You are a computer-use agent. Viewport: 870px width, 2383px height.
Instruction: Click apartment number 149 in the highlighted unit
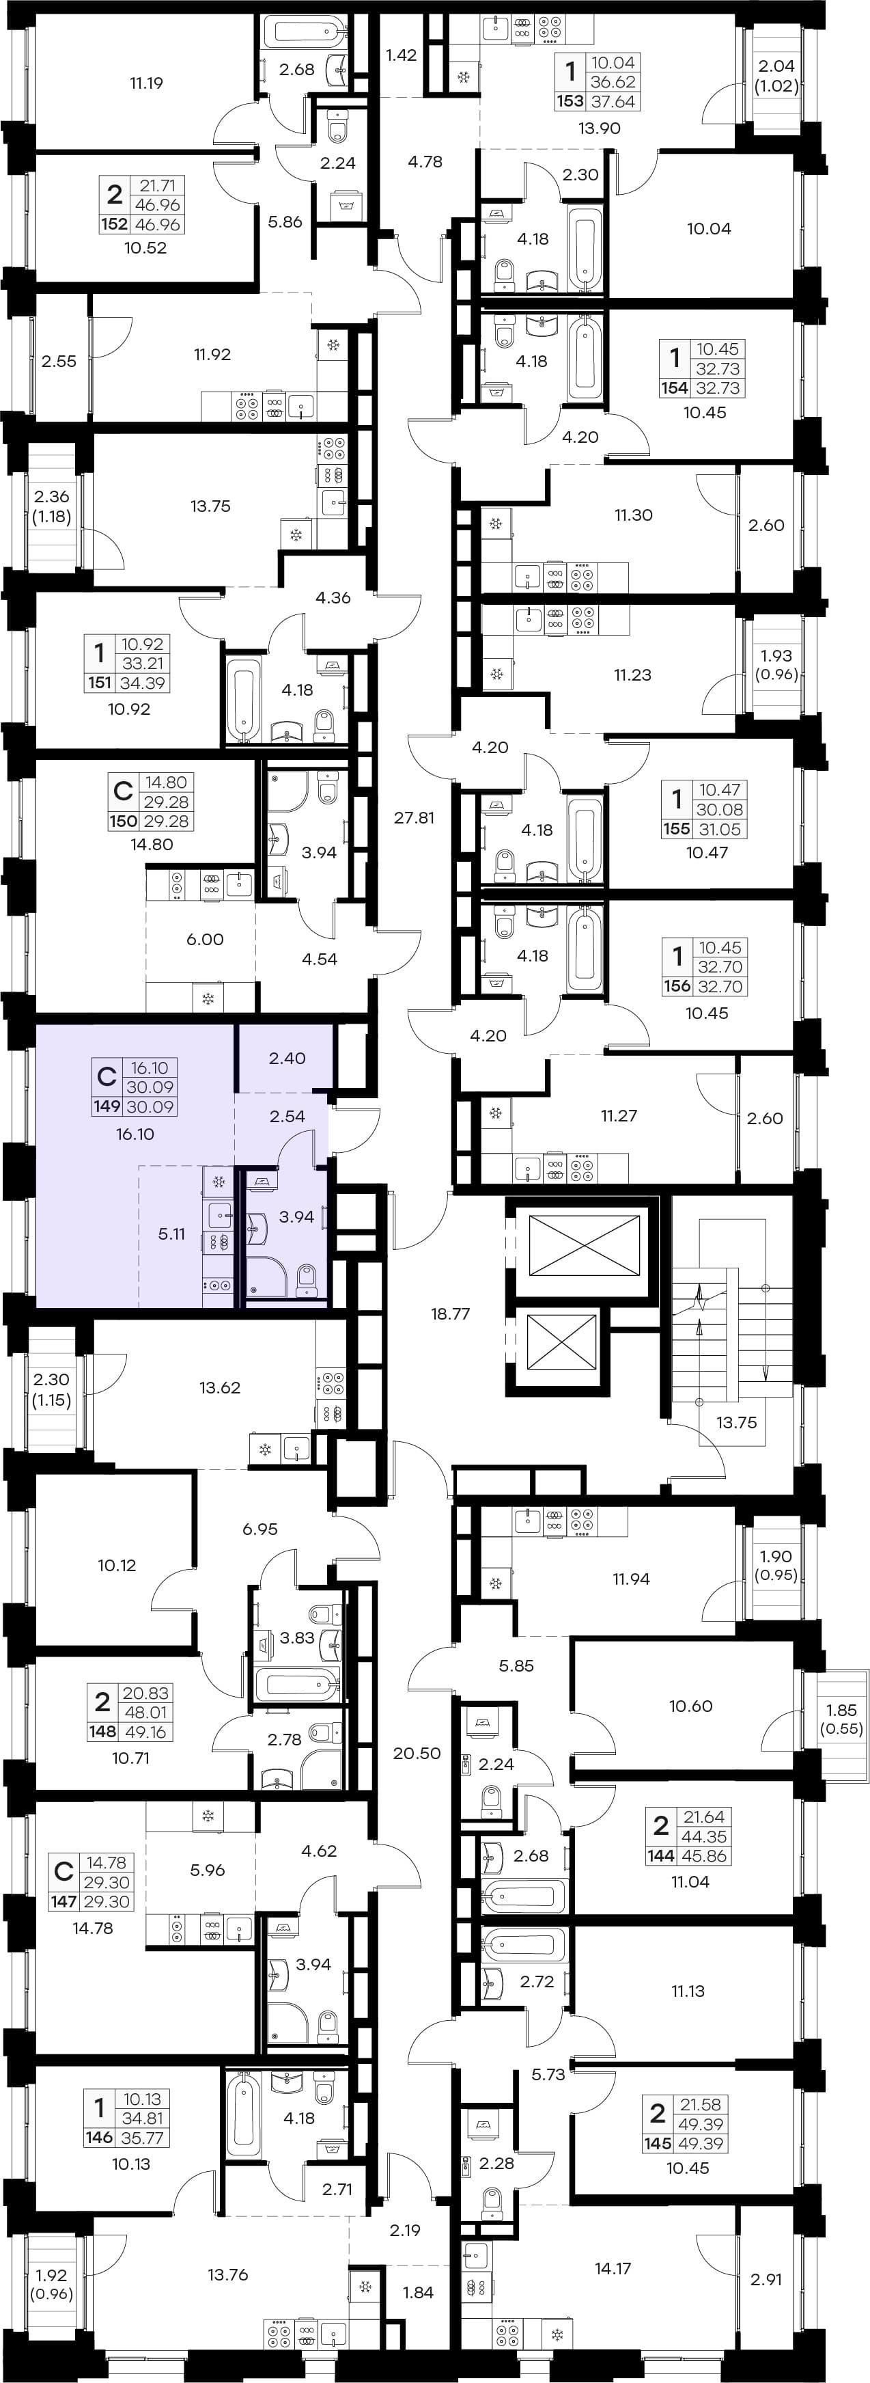(x=107, y=1106)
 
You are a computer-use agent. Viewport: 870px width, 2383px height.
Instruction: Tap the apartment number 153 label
(x=570, y=102)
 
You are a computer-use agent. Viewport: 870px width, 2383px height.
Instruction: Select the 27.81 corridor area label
(x=415, y=818)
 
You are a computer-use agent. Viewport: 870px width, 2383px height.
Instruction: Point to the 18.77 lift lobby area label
(x=450, y=1313)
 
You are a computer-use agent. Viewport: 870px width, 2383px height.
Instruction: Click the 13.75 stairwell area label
(x=736, y=1423)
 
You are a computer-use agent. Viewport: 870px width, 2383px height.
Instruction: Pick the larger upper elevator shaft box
(x=585, y=1247)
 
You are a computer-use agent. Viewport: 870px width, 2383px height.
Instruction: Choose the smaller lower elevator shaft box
(x=562, y=1342)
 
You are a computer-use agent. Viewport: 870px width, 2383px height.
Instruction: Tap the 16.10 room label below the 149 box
(x=135, y=1134)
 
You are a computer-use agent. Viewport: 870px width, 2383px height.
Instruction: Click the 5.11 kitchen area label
(x=172, y=1234)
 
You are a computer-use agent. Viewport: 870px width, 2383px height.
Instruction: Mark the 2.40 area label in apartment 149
(x=287, y=1059)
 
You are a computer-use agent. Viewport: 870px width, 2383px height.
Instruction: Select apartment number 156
(x=677, y=986)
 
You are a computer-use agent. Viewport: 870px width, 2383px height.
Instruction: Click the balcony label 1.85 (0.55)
(x=841, y=1719)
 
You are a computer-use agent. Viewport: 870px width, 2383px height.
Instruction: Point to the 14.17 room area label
(x=613, y=2268)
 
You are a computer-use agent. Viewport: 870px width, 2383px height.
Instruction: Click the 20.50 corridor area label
(x=417, y=1753)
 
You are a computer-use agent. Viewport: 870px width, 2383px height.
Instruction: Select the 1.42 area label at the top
(x=402, y=55)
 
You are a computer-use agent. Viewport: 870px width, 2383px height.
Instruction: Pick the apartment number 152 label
(x=114, y=224)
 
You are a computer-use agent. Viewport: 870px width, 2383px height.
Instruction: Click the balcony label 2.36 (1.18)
(x=52, y=507)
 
